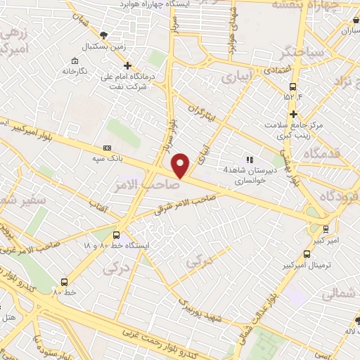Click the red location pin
coord(181,165)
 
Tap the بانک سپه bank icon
coord(107,148)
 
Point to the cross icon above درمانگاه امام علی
coord(127,65)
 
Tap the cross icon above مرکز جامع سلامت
coord(294,114)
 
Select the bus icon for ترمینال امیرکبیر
coord(307,254)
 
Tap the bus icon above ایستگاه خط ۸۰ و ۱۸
coord(116,236)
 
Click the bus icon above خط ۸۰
coord(65,282)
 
